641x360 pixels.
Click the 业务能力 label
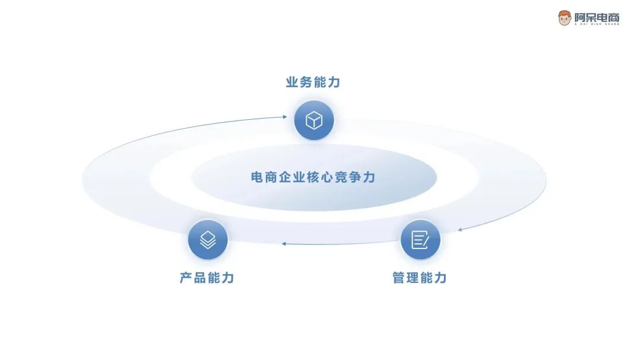(x=313, y=82)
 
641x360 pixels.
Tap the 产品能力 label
(x=207, y=278)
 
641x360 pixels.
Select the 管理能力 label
(x=420, y=278)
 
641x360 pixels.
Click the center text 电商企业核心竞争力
(x=313, y=177)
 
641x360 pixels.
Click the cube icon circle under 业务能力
(x=314, y=120)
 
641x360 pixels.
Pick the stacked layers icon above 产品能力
(x=208, y=240)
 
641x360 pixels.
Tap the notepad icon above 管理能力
(x=420, y=240)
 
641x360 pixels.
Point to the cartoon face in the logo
(x=564, y=18)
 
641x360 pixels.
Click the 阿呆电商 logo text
(x=596, y=17)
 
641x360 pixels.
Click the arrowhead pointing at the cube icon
(x=284, y=117)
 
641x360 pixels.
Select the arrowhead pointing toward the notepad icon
(x=459, y=229)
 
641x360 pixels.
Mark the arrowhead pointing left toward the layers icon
(x=284, y=243)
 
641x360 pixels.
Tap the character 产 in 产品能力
(x=186, y=278)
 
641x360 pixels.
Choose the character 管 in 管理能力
(x=399, y=278)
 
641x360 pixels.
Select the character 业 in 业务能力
(x=292, y=82)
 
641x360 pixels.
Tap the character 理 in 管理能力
(x=413, y=278)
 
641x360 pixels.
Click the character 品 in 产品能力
(x=200, y=278)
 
